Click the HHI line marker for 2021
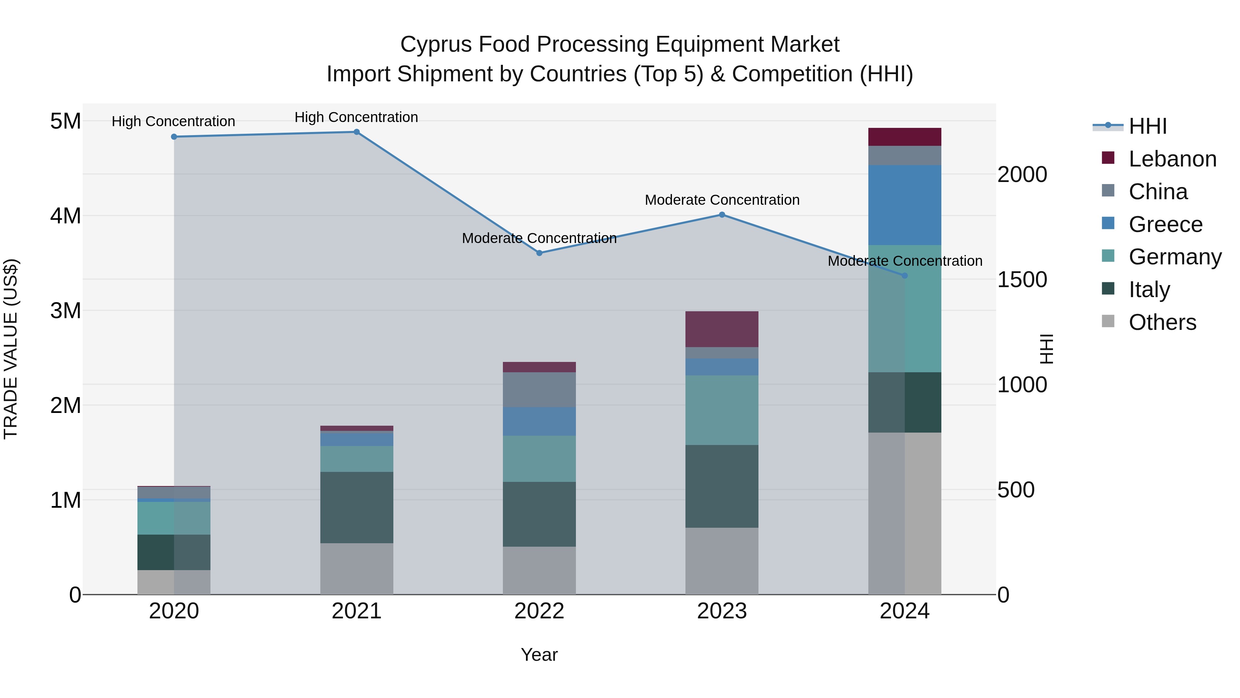click(x=356, y=132)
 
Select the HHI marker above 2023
click(x=722, y=215)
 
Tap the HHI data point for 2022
click(x=539, y=253)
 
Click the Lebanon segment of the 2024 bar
click(x=904, y=137)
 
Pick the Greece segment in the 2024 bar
click(x=904, y=205)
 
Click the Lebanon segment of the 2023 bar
click(x=722, y=329)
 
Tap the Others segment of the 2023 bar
click(x=722, y=561)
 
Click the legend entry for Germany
click(x=1175, y=257)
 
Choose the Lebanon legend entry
click(x=1172, y=159)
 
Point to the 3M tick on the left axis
click(x=65, y=311)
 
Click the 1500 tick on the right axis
click(x=1022, y=280)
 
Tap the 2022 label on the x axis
click(x=539, y=611)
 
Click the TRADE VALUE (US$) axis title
click(x=11, y=349)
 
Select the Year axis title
click(x=539, y=655)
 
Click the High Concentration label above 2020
click(x=173, y=121)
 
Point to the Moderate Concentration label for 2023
click(x=722, y=200)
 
